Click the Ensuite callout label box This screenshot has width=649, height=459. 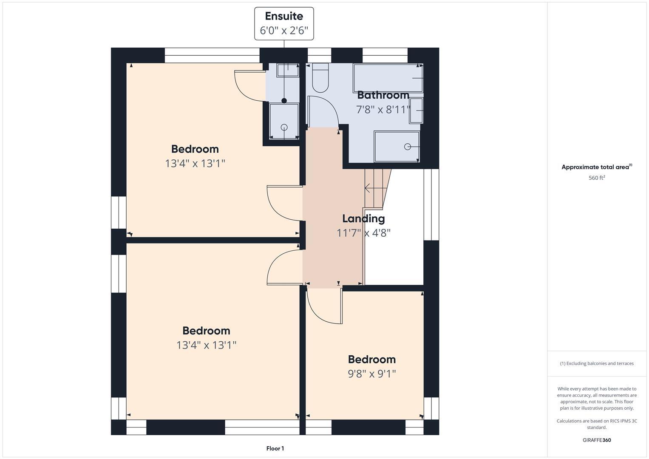(x=284, y=23)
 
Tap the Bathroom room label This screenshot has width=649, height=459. (x=383, y=95)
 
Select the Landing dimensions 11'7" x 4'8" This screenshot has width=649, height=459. (x=363, y=233)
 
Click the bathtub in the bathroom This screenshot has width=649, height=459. (x=388, y=78)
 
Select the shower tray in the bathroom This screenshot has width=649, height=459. (x=397, y=147)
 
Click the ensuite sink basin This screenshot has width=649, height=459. (x=288, y=70)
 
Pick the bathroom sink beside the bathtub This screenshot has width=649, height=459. (x=417, y=110)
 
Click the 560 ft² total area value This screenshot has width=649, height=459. (x=596, y=178)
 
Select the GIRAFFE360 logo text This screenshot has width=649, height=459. (x=596, y=440)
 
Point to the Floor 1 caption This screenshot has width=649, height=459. (x=275, y=448)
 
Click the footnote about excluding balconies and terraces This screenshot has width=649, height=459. (x=596, y=363)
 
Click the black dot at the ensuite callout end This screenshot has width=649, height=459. (x=284, y=101)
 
